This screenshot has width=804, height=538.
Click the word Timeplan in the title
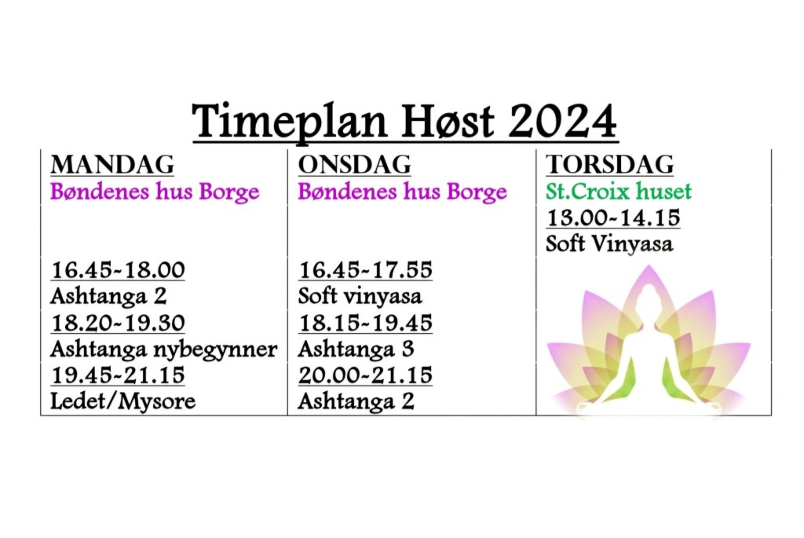[x=290, y=122]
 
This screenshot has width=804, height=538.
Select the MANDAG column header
[x=112, y=165]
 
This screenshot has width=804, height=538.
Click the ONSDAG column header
[x=354, y=165]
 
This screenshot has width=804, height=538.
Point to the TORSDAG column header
[x=609, y=165]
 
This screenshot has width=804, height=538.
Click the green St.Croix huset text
[x=619, y=192]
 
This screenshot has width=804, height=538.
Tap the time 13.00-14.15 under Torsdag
[x=613, y=218]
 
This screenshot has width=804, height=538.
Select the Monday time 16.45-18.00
[x=118, y=269]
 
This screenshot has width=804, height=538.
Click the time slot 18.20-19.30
[x=118, y=323]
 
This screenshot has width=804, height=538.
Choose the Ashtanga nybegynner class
[x=163, y=350]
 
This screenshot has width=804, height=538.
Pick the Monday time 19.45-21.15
[x=118, y=375]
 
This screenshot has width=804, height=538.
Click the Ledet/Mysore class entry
[x=122, y=401]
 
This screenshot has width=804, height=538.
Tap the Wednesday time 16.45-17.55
[x=366, y=269]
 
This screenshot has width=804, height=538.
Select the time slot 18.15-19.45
[x=366, y=323]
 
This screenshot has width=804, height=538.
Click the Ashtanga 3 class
[x=356, y=350]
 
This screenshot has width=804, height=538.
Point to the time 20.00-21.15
[x=366, y=375]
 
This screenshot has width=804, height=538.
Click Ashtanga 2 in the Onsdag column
[x=356, y=401]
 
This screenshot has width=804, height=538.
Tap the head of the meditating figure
[x=648, y=296]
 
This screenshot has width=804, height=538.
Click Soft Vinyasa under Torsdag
[x=609, y=244]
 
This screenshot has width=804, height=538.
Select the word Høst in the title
[x=448, y=121]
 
